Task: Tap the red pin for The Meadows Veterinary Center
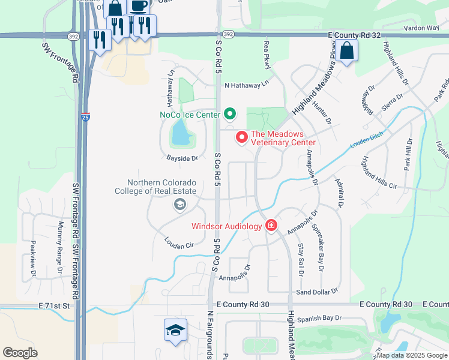click(x=242, y=137)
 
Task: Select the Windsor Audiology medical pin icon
click(x=271, y=226)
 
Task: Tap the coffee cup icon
click(x=139, y=6)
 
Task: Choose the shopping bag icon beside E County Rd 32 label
click(x=347, y=52)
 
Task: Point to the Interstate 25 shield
click(x=85, y=117)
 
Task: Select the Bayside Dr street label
click(x=182, y=158)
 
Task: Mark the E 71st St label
click(x=55, y=305)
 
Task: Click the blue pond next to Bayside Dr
click(x=181, y=134)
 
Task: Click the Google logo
click(x=20, y=353)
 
